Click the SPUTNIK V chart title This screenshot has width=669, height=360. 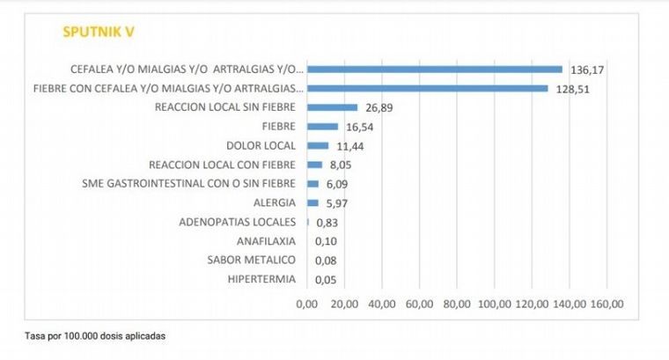(98, 33)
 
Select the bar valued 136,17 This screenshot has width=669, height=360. (434, 69)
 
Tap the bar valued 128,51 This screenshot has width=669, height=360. (427, 88)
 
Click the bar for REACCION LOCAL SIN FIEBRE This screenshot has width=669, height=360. (332, 107)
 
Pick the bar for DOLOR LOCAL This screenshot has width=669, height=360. (318, 145)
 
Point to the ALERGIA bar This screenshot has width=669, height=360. (312, 202)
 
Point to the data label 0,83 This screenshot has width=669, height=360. (328, 223)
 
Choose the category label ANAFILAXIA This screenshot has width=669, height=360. (267, 240)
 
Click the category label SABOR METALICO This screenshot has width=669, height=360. (252, 260)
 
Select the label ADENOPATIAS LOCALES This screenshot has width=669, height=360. (237, 222)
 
